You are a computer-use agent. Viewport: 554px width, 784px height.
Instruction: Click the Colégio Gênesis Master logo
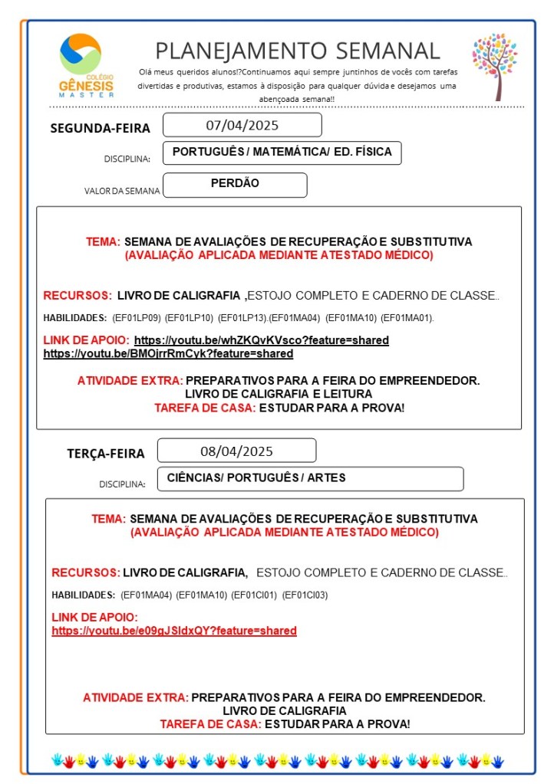(x=86, y=66)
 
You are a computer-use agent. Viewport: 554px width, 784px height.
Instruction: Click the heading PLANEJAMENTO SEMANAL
(x=298, y=51)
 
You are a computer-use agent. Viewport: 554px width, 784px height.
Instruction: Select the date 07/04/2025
(x=242, y=125)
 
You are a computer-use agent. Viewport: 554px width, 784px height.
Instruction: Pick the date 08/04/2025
(x=236, y=451)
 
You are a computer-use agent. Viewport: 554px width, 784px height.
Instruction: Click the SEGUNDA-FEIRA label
(x=100, y=128)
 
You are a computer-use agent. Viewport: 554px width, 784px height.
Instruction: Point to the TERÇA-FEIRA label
(x=105, y=454)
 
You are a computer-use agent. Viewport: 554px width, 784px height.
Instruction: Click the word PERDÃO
(x=235, y=184)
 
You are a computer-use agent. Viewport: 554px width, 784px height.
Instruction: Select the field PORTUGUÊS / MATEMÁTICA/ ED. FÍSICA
(x=282, y=153)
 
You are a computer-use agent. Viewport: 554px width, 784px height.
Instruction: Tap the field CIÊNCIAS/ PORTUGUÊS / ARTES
(x=256, y=478)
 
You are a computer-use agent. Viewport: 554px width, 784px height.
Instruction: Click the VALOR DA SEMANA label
(x=122, y=191)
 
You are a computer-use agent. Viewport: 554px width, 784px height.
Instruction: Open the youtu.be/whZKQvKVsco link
(x=261, y=340)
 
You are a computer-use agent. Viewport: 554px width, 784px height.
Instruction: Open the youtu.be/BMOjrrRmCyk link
(x=168, y=354)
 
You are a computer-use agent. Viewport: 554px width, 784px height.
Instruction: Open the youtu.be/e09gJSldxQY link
(x=174, y=631)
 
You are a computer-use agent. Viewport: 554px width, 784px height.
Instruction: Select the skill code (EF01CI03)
(x=305, y=595)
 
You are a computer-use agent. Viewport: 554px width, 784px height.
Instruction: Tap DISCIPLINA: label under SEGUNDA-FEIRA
(x=127, y=159)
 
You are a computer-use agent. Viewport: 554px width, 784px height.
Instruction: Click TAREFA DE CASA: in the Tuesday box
(x=209, y=724)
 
